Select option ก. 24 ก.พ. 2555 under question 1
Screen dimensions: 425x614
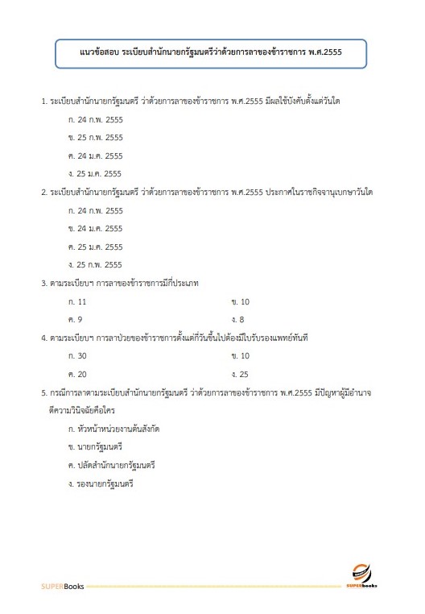pos(96,119)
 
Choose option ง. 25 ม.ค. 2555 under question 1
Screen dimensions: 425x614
pos(96,173)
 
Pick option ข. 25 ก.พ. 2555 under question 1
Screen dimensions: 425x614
pos(96,138)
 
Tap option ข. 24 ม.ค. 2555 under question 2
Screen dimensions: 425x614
pos(96,229)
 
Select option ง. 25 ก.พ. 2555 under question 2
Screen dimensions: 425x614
pos(96,264)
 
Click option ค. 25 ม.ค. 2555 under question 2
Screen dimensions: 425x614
pos(96,247)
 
